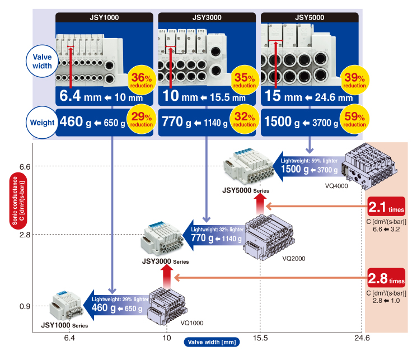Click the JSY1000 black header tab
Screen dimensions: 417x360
[104, 17]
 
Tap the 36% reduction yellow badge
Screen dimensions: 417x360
[142, 80]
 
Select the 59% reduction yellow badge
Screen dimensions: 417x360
[354, 119]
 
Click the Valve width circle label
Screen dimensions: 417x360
[42, 61]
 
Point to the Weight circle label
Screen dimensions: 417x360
[42, 123]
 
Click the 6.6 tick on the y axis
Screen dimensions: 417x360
[25, 167]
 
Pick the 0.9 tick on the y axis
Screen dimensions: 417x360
[25, 306]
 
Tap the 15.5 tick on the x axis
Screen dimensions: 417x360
[260, 338]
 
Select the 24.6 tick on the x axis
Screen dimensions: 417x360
[362, 338]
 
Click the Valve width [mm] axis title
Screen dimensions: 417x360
[212, 342]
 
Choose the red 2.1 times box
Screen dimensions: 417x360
[387, 207]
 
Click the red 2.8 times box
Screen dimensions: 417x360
[387, 278]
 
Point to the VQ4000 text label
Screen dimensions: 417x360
[336, 186]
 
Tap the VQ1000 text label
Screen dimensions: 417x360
[192, 323]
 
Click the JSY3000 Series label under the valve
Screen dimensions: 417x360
[166, 261]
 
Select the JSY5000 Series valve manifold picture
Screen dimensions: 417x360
[249, 167]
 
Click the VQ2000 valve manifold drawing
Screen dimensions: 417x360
[269, 237]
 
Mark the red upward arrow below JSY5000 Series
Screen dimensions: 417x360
[260, 204]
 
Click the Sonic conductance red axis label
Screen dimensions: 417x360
[18, 200]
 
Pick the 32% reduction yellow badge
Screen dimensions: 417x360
[245, 119]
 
